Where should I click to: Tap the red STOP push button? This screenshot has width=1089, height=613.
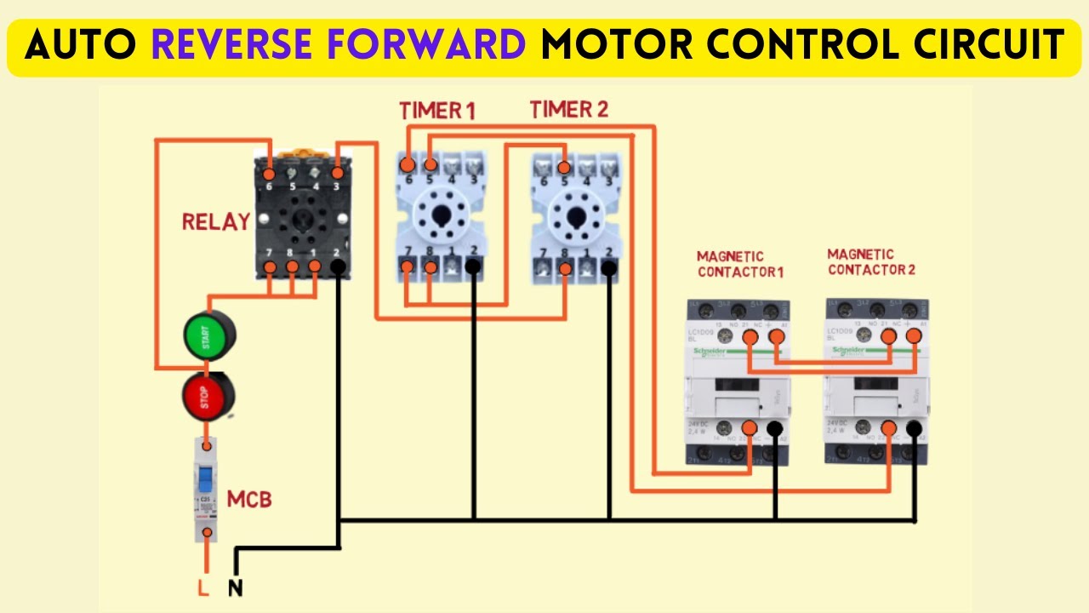click(208, 396)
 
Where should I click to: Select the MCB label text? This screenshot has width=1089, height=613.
click(249, 499)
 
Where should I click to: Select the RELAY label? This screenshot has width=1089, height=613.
click(216, 222)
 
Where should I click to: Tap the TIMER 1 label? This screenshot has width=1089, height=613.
click(437, 111)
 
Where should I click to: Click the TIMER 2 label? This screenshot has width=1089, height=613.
click(568, 109)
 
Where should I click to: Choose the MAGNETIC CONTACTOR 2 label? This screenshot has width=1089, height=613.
click(871, 262)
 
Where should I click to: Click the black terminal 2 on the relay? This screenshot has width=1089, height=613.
click(338, 267)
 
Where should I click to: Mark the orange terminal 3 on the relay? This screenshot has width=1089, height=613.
click(338, 173)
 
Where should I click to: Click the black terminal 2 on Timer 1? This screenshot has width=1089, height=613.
click(474, 267)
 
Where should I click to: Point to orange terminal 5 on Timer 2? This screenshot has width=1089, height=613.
click(564, 165)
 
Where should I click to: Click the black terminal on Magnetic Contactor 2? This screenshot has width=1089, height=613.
click(915, 429)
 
